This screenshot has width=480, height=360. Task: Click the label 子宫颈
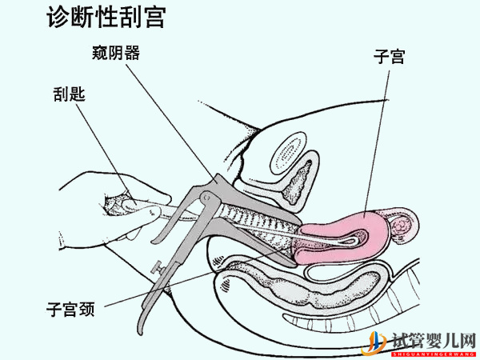(71, 308)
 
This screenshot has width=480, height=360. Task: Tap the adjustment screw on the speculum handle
(158, 266)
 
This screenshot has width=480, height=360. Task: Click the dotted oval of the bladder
(287, 152)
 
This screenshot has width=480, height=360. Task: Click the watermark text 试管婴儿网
(433, 340)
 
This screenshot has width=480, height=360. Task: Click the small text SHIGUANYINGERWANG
(432, 353)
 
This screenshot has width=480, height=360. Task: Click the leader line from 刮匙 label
(100, 144)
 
